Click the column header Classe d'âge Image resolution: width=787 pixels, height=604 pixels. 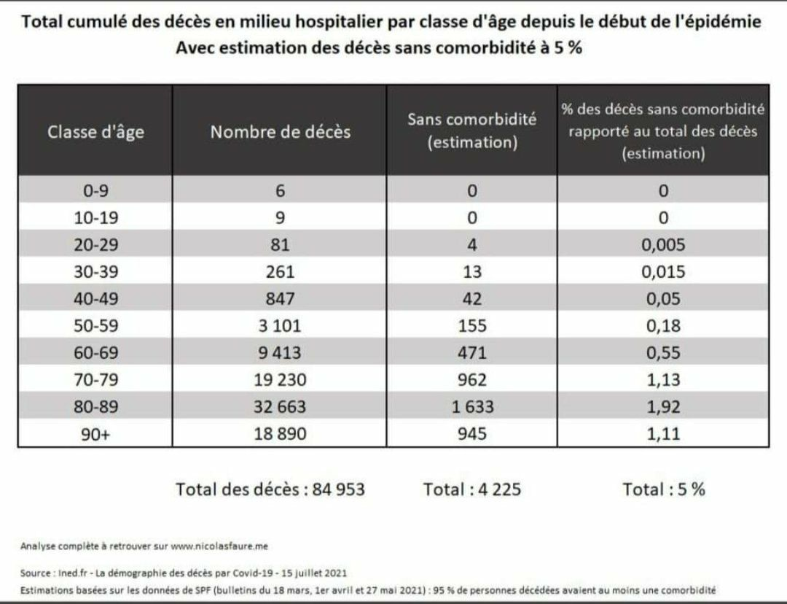(x=95, y=132)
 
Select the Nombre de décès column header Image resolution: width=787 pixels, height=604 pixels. (x=280, y=132)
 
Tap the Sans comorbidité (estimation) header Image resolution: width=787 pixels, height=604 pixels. (x=472, y=131)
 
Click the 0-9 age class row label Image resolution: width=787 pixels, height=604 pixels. (x=95, y=191)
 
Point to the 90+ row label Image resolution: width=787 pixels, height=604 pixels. (x=95, y=434)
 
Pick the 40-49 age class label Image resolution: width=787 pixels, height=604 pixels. (x=95, y=299)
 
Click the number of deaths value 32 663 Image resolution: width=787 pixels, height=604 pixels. (x=280, y=407)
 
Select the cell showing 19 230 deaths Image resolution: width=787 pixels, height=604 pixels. (x=280, y=380)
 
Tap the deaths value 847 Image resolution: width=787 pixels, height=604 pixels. (x=280, y=299)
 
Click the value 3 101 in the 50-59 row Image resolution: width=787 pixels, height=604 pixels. (x=280, y=326)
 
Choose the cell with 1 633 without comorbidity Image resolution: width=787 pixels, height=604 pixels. (x=472, y=407)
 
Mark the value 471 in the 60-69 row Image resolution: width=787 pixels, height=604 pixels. (x=472, y=353)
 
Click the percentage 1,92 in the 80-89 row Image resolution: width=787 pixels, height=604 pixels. (x=663, y=407)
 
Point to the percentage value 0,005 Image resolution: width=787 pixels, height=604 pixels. (x=663, y=245)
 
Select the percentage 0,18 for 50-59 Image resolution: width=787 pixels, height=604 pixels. (x=663, y=326)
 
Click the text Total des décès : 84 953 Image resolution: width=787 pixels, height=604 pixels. (x=270, y=489)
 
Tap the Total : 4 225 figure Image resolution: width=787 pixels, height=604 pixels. (x=472, y=489)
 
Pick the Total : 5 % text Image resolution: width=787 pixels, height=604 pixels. (x=663, y=489)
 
